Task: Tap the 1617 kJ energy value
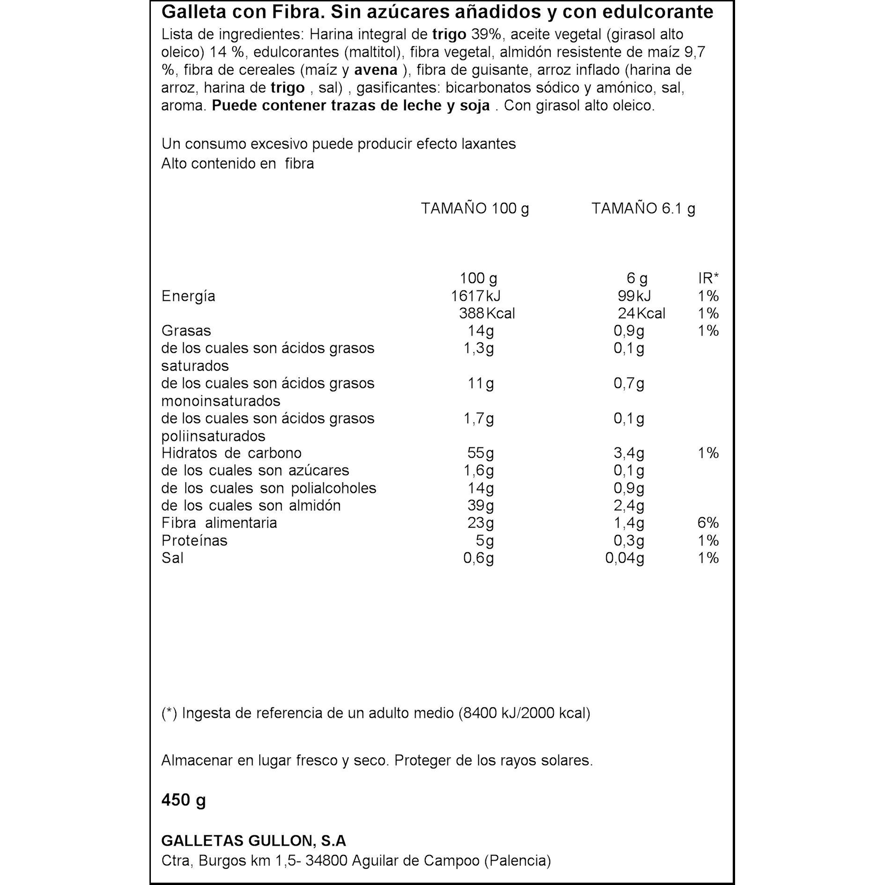(x=476, y=296)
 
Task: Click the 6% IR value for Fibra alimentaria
(x=708, y=522)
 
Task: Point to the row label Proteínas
(x=194, y=540)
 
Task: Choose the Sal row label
(x=172, y=558)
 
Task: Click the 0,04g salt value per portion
(x=625, y=558)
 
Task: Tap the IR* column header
(x=708, y=278)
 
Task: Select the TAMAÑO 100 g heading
(x=475, y=208)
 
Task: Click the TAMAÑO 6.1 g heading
(x=643, y=208)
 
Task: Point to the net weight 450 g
(x=184, y=800)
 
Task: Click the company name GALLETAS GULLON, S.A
(x=253, y=840)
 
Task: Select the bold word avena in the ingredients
(x=376, y=70)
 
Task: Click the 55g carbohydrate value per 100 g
(x=480, y=453)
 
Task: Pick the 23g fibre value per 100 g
(x=480, y=522)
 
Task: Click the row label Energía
(x=188, y=296)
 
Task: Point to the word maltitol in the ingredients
(x=373, y=52)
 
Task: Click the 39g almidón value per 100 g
(x=480, y=505)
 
